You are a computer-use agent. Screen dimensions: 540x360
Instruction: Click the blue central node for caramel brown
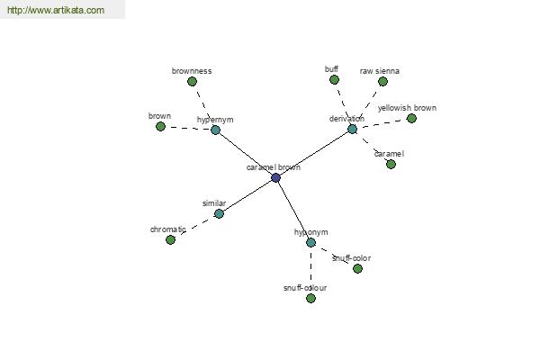point(275,178)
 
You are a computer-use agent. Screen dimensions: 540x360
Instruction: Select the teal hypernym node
point(215,130)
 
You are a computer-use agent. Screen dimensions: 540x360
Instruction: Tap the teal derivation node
point(352,130)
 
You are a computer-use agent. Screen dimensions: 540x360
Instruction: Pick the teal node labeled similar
point(219,213)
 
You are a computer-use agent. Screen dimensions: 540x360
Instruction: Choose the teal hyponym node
point(310,242)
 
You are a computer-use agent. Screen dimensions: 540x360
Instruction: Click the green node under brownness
point(193,82)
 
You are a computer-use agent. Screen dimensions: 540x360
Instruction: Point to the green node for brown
point(160,126)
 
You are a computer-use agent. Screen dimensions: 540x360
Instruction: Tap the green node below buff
point(334,80)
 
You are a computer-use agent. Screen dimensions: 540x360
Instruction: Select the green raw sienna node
point(382,82)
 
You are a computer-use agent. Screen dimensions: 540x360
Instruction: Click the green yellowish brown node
point(411,119)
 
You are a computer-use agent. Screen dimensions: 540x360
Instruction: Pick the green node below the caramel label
point(391,165)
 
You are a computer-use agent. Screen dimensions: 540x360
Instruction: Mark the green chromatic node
point(170,239)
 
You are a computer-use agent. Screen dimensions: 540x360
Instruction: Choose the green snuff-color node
point(357,268)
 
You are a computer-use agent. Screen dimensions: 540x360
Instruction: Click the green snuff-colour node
point(310,298)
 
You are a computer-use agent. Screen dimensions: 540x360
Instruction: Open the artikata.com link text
point(56,10)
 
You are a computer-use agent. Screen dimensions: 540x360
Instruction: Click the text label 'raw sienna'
point(380,71)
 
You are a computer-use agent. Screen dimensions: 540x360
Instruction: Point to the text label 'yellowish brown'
point(407,108)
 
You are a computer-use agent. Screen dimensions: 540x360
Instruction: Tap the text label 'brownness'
point(192,71)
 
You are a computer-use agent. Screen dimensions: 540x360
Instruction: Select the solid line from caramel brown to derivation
point(314,154)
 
